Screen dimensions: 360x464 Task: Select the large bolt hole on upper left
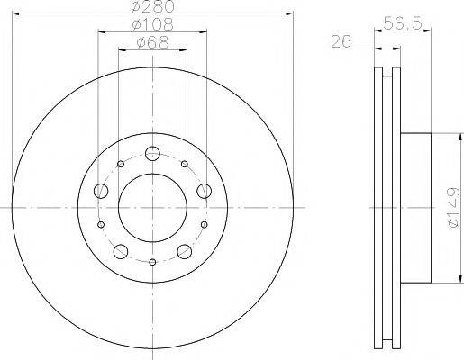click(99, 191)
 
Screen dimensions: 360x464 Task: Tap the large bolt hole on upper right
click(205, 190)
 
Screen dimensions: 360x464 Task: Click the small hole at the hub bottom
click(152, 262)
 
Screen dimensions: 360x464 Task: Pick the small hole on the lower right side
click(205, 224)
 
